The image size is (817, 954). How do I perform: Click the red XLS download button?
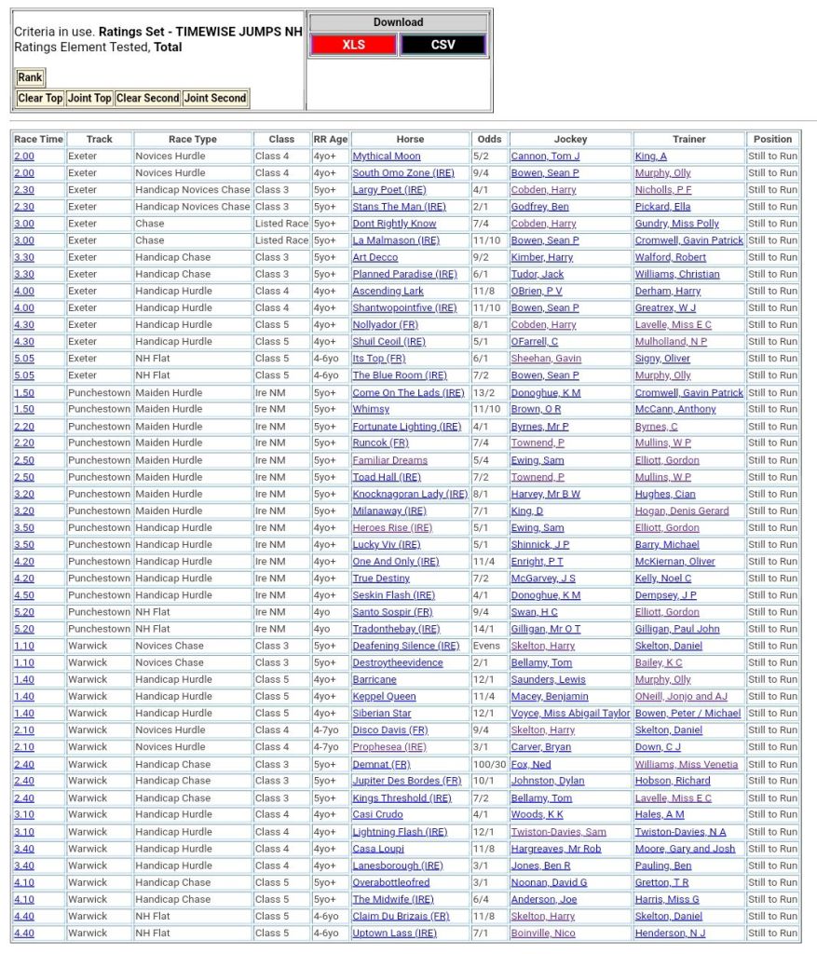pos(353,45)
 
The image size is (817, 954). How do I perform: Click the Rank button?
pos(30,77)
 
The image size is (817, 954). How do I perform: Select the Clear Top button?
pos(40,98)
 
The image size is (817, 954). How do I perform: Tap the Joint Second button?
pos(215,98)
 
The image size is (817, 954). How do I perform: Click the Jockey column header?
pos(570,139)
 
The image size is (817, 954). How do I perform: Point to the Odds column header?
pos(489,139)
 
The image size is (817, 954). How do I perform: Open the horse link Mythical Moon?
pos(386,157)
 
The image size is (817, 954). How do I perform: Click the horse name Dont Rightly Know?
pos(394,224)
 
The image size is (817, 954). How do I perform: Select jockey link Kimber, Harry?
pos(541,257)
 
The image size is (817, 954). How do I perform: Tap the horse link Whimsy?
pos(371,409)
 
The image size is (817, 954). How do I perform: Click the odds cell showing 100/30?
pos(488,764)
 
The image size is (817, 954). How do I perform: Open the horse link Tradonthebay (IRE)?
pos(396,629)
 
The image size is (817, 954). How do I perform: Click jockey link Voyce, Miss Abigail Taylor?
pos(570,714)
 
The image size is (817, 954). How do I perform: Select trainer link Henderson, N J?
pos(670,933)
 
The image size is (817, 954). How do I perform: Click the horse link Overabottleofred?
pos(390,882)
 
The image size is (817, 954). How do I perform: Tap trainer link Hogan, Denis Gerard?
pos(681,511)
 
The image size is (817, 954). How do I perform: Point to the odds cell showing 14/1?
pos(483,629)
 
